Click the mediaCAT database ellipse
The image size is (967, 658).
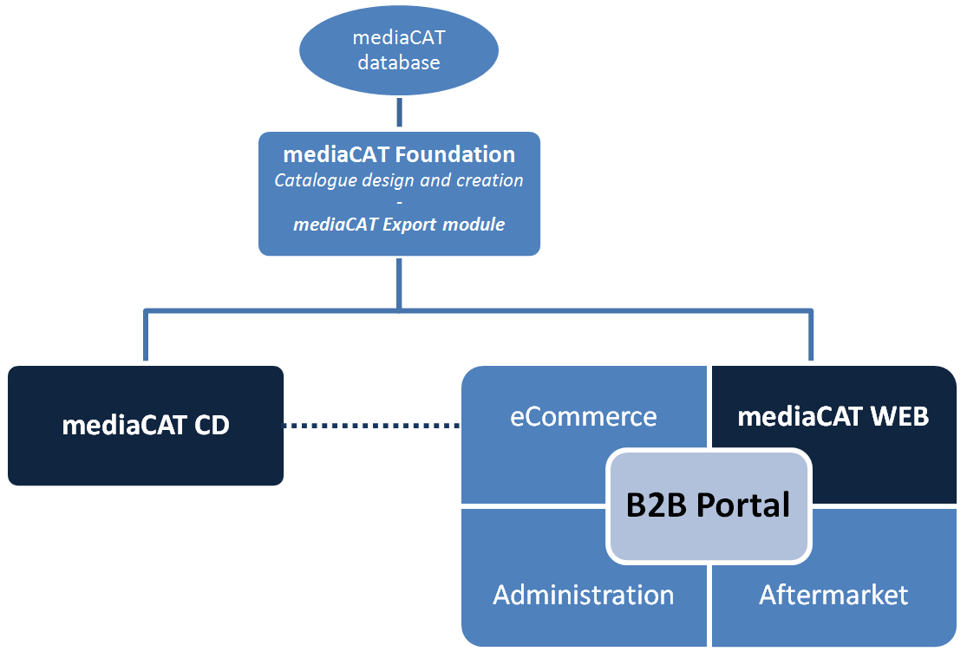click(398, 50)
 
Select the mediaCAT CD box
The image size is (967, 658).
click(146, 426)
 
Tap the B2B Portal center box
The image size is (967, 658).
click(709, 505)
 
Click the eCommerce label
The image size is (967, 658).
click(583, 416)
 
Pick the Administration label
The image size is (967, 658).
click(583, 595)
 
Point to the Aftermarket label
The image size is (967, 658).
click(833, 595)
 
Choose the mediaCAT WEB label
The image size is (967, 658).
click(833, 416)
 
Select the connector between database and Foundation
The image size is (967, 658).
click(399, 113)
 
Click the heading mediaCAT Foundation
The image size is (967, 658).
click(399, 154)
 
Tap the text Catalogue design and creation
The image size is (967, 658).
click(399, 180)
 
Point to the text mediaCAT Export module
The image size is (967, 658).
click(399, 224)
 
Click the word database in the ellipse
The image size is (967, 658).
click(399, 62)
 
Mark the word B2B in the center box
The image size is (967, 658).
click(651, 505)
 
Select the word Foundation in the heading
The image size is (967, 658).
click(453, 154)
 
